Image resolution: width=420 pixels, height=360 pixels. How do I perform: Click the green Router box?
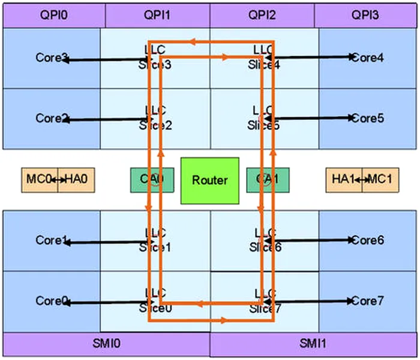click(210, 180)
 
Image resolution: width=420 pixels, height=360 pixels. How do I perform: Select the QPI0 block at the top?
click(53, 14)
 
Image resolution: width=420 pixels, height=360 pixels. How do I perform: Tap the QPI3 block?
click(367, 14)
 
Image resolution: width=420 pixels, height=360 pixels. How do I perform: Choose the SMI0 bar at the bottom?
click(107, 344)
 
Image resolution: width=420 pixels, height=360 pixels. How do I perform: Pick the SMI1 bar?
click(314, 344)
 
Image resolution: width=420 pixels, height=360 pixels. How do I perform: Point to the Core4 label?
click(368, 58)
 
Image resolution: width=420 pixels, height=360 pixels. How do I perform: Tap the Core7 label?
click(367, 301)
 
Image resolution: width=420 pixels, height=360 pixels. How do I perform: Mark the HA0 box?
click(76, 179)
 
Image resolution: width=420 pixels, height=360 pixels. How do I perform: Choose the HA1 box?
click(344, 179)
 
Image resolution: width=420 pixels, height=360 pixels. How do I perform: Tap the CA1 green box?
click(268, 179)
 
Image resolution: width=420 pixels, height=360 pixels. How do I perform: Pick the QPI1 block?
click(157, 14)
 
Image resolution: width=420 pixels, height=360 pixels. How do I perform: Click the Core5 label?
click(368, 118)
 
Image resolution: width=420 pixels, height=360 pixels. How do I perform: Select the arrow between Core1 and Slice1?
click(108, 243)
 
